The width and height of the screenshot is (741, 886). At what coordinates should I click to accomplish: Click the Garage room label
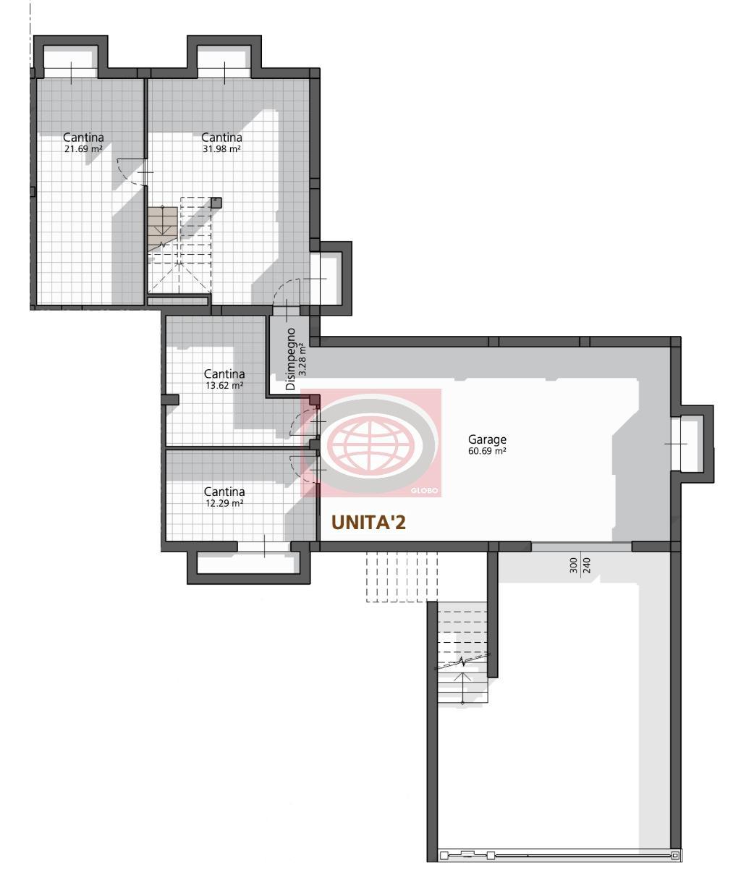point(487,439)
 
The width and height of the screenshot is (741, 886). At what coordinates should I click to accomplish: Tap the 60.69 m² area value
point(487,451)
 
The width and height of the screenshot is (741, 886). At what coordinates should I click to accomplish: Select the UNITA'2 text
point(368,523)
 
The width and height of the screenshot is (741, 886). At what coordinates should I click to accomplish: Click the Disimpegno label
point(291,359)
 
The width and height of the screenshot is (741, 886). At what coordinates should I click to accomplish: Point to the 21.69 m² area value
point(83,149)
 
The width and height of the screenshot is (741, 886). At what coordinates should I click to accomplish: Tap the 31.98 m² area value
point(222,149)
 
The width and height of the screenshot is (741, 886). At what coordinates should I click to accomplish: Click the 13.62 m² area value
point(224,386)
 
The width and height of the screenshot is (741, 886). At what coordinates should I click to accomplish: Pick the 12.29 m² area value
point(224,503)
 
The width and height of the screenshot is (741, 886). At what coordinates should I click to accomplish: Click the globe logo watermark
point(371,443)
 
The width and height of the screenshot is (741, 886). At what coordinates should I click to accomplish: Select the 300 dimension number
point(573,565)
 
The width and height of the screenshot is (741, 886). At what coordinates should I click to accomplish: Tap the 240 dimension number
point(587,565)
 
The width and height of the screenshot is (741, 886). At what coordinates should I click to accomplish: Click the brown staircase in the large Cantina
point(162,229)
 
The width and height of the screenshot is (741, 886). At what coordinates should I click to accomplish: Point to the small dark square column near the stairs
point(216,203)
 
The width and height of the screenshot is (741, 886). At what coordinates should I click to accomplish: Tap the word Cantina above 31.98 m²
point(222,138)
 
